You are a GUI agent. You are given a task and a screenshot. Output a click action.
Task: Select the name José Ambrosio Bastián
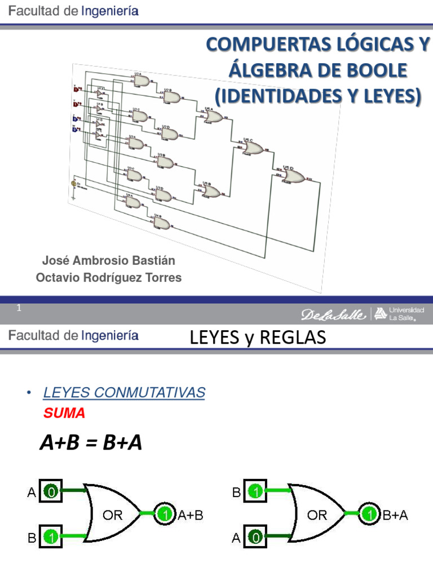[109, 260]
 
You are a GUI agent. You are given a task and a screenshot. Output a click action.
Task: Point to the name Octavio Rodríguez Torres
[109, 278]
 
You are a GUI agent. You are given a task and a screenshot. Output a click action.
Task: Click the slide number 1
[19, 308]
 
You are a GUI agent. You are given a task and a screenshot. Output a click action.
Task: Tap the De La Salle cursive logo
[333, 314]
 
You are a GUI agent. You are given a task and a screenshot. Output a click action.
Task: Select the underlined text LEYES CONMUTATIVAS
[124, 393]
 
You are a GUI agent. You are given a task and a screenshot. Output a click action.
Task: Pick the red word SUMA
[64, 413]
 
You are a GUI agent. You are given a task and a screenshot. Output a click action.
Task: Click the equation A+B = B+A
[91, 443]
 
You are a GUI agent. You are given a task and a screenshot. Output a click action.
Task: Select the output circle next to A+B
[165, 513]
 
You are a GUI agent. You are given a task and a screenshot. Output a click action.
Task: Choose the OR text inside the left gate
[112, 514]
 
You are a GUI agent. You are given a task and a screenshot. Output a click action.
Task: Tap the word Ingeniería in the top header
[110, 11]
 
